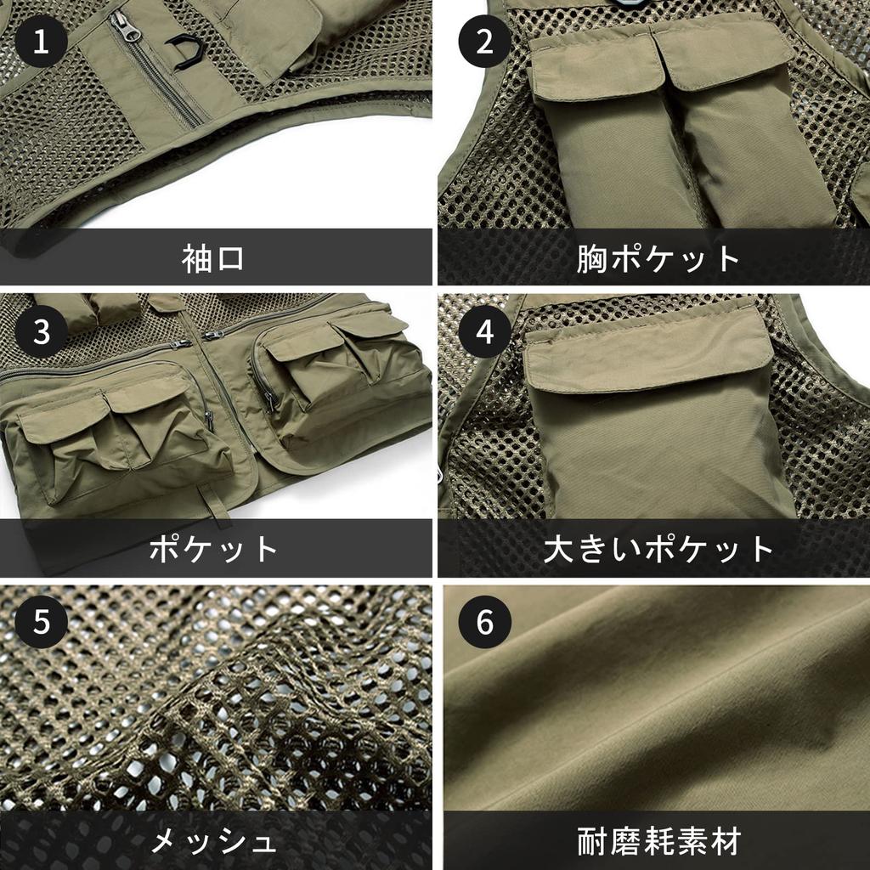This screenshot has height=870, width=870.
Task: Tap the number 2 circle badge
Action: click(x=484, y=42)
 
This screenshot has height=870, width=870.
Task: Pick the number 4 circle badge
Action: click(x=484, y=331)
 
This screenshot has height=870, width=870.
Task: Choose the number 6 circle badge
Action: click(x=484, y=622)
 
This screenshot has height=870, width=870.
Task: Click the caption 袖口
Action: click(x=213, y=257)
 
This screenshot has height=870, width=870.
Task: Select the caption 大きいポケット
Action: click(x=658, y=548)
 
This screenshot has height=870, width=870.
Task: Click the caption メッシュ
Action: click(x=213, y=841)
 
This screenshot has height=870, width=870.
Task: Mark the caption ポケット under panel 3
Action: click(x=213, y=548)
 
